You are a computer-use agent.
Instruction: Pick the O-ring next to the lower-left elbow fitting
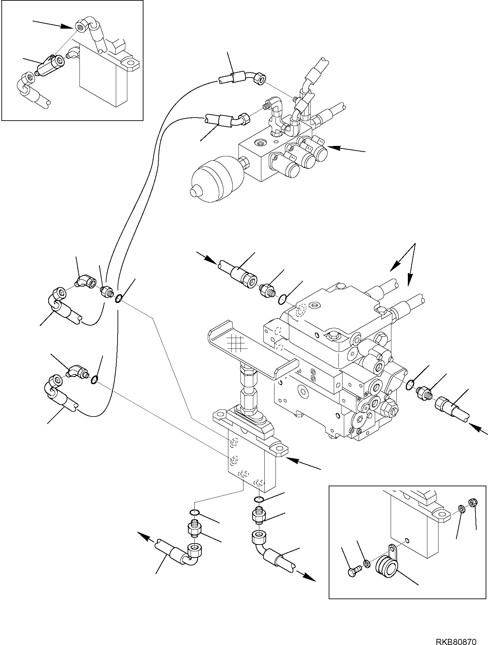pyautogui.click(x=95, y=380)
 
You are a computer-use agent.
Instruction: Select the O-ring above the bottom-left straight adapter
pyautogui.click(x=194, y=522)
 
